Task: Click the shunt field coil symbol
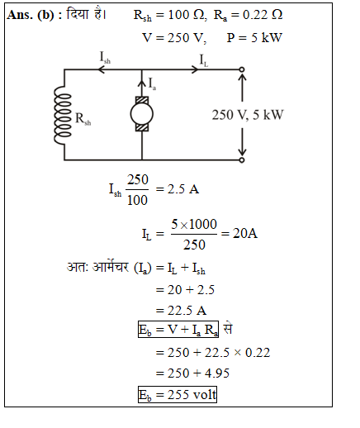pyautogui.click(x=62, y=115)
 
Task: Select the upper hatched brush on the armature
pyautogui.click(x=142, y=100)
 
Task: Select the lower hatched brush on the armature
pyautogui.click(x=142, y=127)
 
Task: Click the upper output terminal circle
pyautogui.click(x=242, y=69)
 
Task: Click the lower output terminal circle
pyautogui.click(x=242, y=160)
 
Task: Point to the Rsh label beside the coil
pyautogui.click(x=83, y=119)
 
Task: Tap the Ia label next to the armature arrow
pyautogui.click(x=152, y=83)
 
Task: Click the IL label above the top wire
pyautogui.click(x=204, y=60)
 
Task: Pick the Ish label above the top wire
pyautogui.click(x=105, y=58)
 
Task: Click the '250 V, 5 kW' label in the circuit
pyautogui.click(x=248, y=115)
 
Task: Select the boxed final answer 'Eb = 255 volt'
pyautogui.click(x=178, y=395)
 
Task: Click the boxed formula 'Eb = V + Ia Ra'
pyautogui.click(x=178, y=329)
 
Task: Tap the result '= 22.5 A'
pyautogui.click(x=181, y=311)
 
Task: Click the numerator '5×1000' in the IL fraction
pyautogui.click(x=194, y=224)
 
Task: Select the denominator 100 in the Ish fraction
pyautogui.click(x=137, y=200)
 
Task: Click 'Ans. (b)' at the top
pyautogui.click(x=31, y=15)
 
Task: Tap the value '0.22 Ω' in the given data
pyautogui.click(x=263, y=15)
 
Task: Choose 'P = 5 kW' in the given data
pyautogui.click(x=254, y=38)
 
